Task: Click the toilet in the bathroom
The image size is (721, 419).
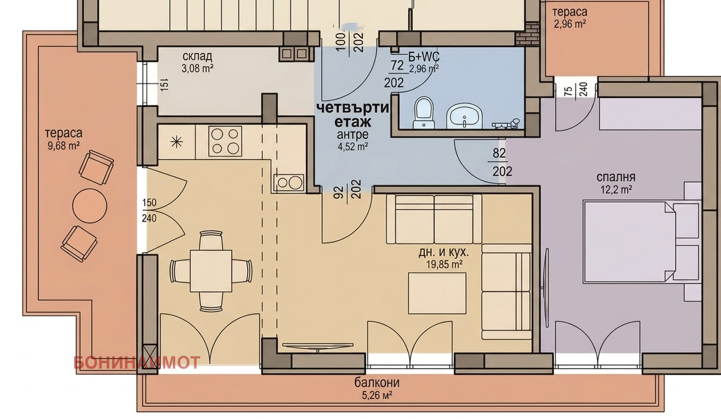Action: click(424, 113)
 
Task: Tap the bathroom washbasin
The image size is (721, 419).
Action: click(464, 116)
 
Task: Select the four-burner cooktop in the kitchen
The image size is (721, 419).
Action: click(225, 141)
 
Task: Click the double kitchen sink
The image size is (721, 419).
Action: click(289, 183)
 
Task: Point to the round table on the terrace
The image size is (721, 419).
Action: click(90, 206)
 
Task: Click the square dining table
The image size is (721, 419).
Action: click(211, 271)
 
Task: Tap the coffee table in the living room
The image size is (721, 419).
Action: click(437, 293)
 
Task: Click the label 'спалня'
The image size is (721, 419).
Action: click(616, 177)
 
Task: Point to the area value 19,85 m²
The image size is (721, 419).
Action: click(444, 264)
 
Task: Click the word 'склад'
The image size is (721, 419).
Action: click(197, 57)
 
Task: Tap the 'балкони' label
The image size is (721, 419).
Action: click(377, 383)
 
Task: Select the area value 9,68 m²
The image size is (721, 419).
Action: click(64, 146)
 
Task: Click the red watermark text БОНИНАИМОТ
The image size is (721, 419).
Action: click(137, 362)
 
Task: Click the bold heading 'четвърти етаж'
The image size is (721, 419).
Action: click(353, 115)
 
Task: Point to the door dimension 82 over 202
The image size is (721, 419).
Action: click(499, 162)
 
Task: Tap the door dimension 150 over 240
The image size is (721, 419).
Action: click(149, 210)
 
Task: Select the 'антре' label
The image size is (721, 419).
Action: click(353, 134)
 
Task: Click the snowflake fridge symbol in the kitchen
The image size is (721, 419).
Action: click(176, 142)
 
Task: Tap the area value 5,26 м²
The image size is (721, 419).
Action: click(377, 395)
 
